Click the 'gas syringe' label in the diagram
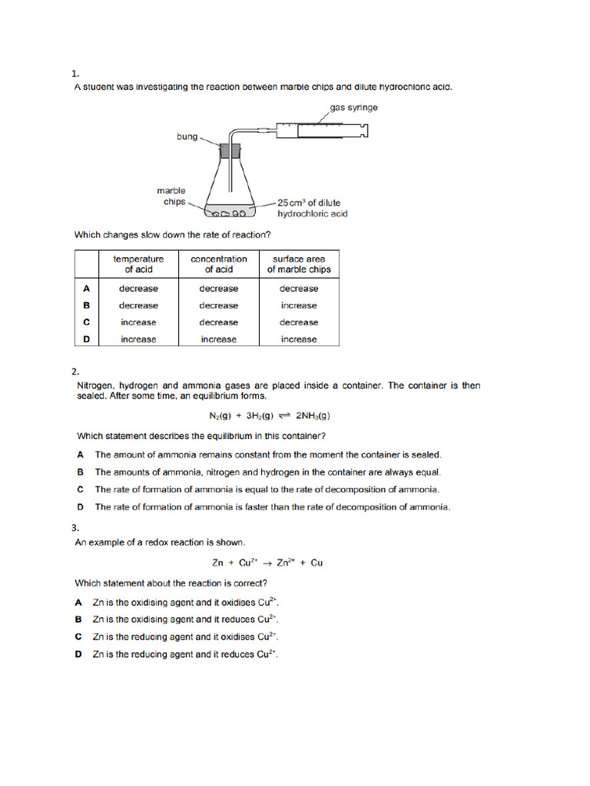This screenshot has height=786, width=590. (353, 107)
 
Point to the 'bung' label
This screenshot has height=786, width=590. (187, 137)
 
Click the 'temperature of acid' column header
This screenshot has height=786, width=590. (138, 264)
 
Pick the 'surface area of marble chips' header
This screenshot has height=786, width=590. (299, 264)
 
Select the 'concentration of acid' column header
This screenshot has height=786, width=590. (218, 264)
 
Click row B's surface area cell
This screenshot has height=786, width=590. (299, 305)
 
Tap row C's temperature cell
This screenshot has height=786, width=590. (138, 322)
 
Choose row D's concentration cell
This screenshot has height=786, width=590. (218, 339)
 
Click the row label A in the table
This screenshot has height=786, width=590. (87, 289)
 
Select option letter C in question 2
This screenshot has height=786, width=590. (80, 489)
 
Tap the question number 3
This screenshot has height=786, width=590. (75, 528)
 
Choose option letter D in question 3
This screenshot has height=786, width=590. (78, 654)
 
